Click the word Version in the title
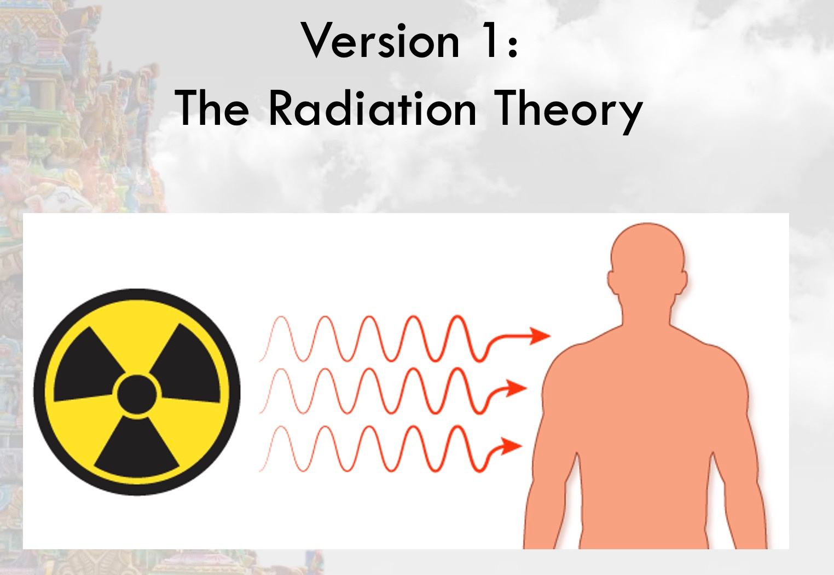(x=380, y=41)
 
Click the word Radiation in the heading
(x=372, y=108)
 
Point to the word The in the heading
(x=212, y=108)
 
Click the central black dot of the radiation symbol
(x=137, y=393)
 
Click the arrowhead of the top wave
(x=540, y=335)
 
